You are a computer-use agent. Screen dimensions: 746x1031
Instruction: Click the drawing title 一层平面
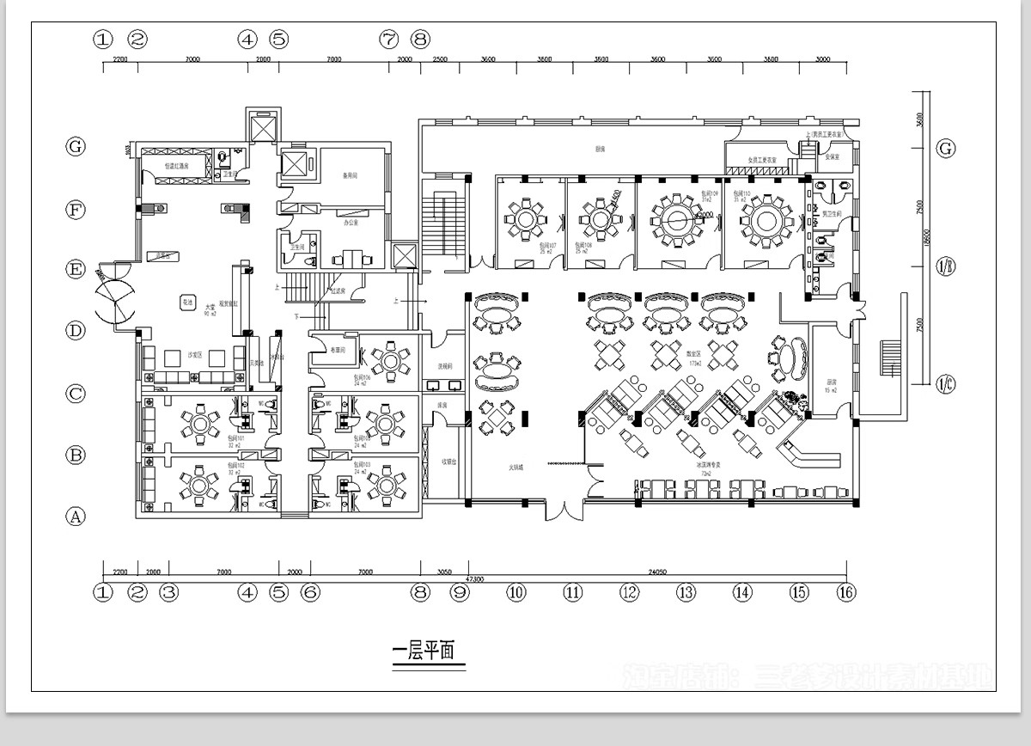[x=428, y=652]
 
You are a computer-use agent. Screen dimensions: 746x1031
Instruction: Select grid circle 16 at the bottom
[x=847, y=592]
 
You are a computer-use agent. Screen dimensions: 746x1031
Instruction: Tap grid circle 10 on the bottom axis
[x=515, y=592]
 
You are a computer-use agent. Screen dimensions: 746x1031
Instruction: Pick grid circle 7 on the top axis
[x=389, y=39]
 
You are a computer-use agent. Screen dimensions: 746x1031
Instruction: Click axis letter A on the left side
[x=76, y=517]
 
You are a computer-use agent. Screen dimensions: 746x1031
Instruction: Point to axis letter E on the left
[x=76, y=270]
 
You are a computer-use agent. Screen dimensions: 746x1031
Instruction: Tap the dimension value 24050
[x=656, y=571]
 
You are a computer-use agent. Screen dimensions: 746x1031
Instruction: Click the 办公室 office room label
[x=350, y=223]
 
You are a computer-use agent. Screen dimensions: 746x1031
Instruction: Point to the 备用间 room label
[x=350, y=177]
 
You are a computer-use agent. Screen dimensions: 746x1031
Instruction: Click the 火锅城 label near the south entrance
[x=515, y=468]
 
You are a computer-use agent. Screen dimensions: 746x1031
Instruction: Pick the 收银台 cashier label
[x=448, y=461]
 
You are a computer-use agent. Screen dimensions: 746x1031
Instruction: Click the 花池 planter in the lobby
[x=186, y=302]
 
